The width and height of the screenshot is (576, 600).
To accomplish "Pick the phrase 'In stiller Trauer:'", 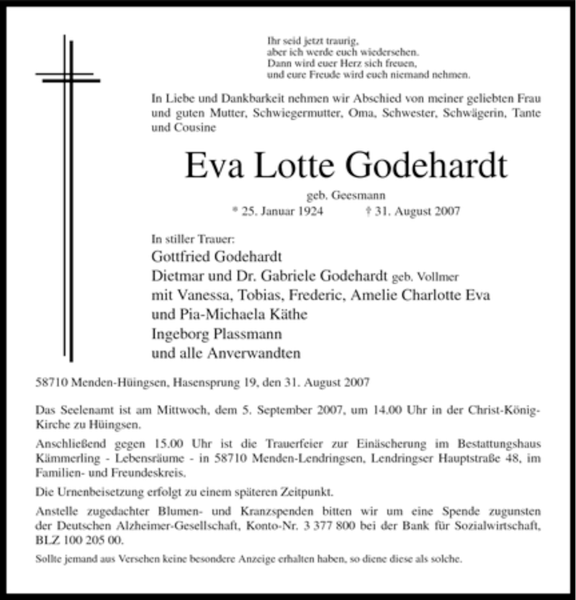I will (x=193, y=237).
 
